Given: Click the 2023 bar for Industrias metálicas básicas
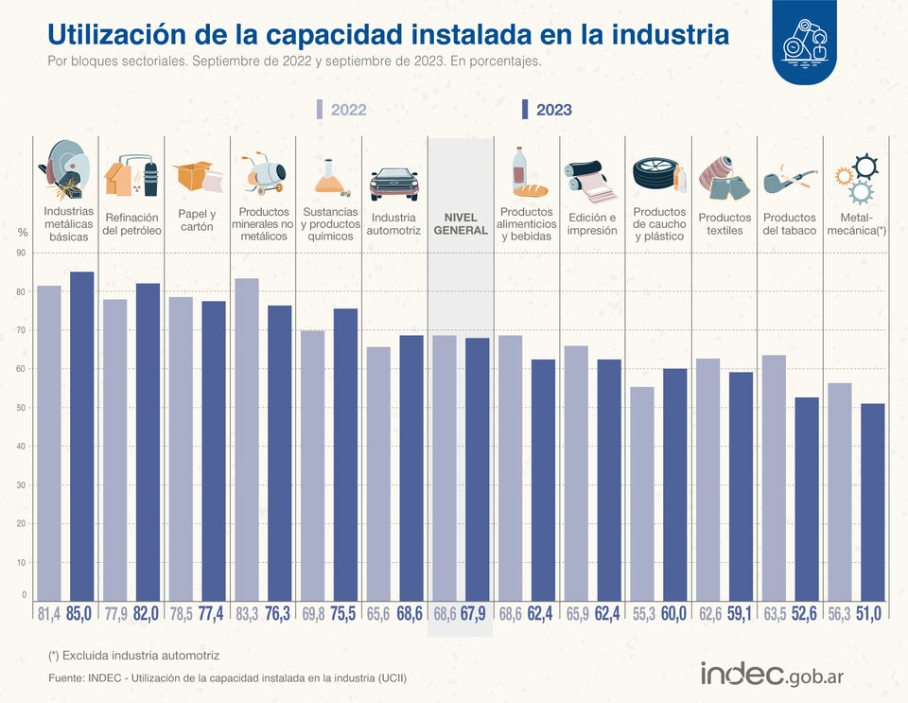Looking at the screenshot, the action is click(81, 436).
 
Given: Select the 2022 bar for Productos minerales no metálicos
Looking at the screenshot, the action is click(247, 440).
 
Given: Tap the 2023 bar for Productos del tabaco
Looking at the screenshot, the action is click(807, 500).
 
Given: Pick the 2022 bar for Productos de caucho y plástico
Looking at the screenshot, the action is click(642, 494).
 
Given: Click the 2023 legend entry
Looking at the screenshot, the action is click(547, 110).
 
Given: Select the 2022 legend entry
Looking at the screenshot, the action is click(341, 110).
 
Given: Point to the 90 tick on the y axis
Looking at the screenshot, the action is click(22, 253).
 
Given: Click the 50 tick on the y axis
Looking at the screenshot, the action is click(22, 408).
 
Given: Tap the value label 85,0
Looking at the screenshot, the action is click(79, 614).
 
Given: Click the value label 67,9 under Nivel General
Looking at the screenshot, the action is click(473, 614).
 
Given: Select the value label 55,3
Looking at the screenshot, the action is click(643, 614).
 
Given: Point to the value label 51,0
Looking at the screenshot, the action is click(868, 614).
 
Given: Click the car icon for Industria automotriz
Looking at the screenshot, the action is click(393, 184).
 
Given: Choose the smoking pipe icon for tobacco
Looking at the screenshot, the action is click(789, 179).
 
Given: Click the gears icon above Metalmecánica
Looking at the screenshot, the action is click(856, 178).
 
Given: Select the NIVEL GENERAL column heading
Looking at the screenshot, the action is click(461, 223).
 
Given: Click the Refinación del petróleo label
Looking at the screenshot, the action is click(131, 223).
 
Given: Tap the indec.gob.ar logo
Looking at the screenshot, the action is click(772, 674).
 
